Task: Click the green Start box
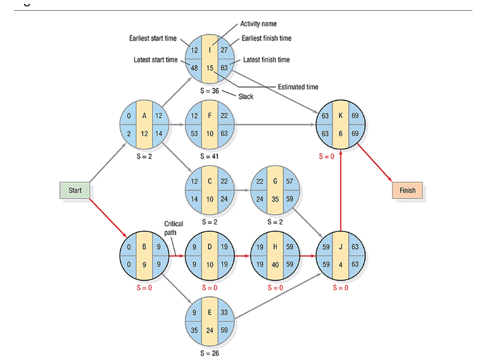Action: click(75, 190)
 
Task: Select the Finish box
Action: click(407, 190)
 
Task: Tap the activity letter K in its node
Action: click(341, 116)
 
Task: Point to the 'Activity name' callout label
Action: click(258, 23)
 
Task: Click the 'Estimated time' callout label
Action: click(298, 87)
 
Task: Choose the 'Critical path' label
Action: click(174, 228)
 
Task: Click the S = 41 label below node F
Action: click(210, 155)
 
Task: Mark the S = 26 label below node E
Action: click(210, 353)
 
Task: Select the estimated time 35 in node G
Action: click(274, 198)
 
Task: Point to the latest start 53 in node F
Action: click(194, 134)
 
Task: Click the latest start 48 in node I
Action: click(194, 67)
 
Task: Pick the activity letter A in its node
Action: click(144, 116)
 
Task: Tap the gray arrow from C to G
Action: click(242, 190)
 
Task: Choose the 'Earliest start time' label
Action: click(153, 39)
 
